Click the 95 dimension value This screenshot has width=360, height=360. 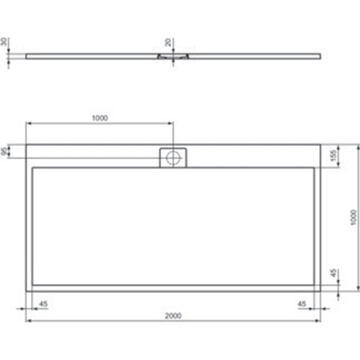click(6, 152)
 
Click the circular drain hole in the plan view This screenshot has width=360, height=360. click(173, 158)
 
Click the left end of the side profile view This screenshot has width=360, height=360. click(27, 53)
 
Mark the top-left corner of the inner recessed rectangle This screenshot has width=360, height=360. click(33, 168)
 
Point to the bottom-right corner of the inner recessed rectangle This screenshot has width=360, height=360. click(313, 282)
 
